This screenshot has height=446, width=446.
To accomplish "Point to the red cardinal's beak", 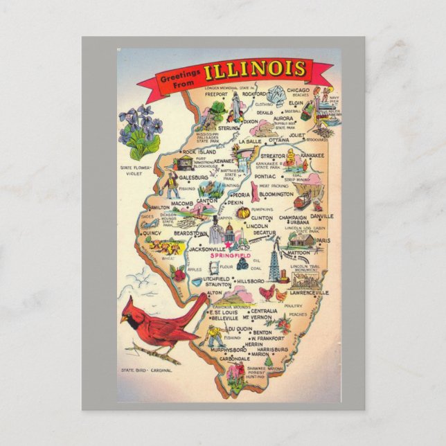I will tap(123, 319).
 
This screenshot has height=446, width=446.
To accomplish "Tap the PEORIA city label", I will tap(240, 195).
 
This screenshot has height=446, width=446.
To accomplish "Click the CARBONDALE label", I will tap(234, 359).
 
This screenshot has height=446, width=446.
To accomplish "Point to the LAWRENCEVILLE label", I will tap(309, 293).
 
